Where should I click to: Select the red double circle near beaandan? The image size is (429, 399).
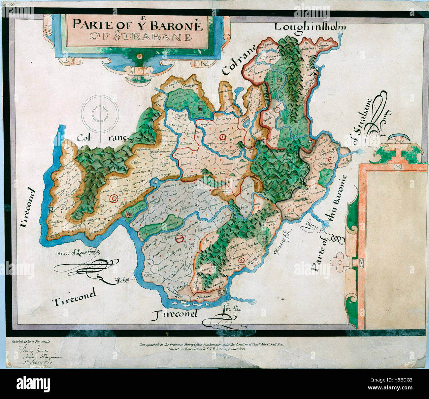click(x=241, y=261)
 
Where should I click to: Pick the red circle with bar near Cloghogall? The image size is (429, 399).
click(x=179, y=238)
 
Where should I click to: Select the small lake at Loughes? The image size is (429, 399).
click(x=246, y=125)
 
